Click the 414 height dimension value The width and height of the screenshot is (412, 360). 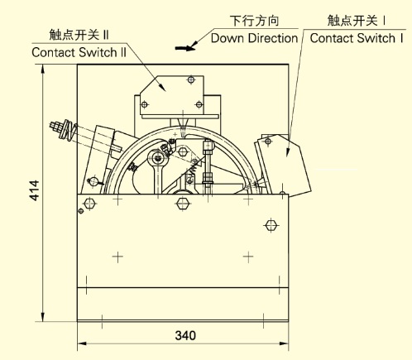click(35, 190)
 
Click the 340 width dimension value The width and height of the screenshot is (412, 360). click(185, 335)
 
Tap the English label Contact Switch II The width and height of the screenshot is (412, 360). click(79, 52)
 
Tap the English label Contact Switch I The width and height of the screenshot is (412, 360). click(357, 38)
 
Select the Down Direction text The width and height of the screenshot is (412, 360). click(254, 38)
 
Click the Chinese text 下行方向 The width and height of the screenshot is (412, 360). click(254, 21)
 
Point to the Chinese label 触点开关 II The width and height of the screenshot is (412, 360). click(79, 35)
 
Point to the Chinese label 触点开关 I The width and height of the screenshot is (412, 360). click(356, 21)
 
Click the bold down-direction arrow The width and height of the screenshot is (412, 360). click(185, 48)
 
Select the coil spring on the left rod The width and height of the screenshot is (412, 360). click(69, 130)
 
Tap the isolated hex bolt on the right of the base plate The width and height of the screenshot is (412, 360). click(271, 225)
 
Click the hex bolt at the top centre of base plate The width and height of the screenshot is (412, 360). click(183, 204)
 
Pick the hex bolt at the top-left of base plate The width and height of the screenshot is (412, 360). click(89, 204)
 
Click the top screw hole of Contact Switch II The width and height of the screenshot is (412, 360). click(191, 80)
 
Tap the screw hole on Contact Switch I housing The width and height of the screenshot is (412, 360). click(268, 142)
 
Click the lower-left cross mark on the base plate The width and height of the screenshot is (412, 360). click(117, 257)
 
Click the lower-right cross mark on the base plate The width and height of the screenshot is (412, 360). click(248, 257)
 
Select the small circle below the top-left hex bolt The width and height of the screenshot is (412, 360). click(81, 211)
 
